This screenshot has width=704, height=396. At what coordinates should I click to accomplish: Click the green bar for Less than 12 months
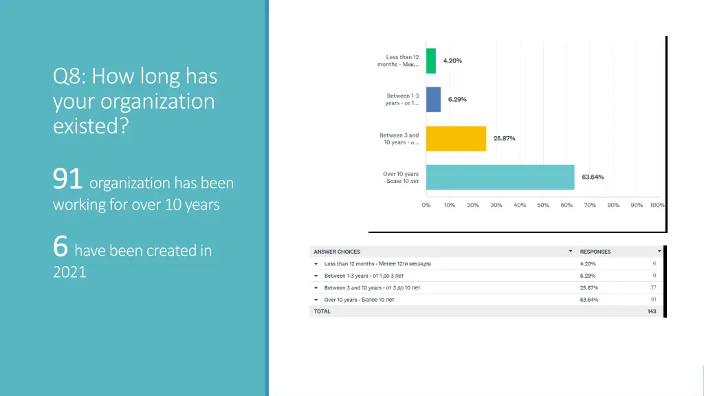click(431, 60)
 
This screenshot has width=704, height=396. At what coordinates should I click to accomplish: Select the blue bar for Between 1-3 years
click(433, 99)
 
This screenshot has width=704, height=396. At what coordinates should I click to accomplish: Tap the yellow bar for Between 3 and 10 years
click(456, 138)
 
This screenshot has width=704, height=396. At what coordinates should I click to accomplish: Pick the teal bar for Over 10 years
click(500, 177)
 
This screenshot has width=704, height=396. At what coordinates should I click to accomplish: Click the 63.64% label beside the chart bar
click(593, 177)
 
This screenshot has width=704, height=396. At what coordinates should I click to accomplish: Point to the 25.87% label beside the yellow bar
click(504, 138)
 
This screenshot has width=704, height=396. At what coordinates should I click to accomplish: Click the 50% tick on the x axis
click(543, 205)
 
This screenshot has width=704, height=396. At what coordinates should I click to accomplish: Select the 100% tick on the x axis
click(657, 205)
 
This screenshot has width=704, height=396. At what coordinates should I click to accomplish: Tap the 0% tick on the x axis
click(426, 205)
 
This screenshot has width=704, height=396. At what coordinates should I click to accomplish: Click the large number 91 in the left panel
click(68, 180)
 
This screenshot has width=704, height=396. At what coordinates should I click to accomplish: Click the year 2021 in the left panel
click(69, 272)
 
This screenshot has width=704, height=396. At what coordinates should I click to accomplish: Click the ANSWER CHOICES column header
click(337, 252)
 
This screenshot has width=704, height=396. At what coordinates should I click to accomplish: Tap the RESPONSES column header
click(595, 252)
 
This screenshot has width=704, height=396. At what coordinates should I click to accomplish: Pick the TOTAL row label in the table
click(322, 311)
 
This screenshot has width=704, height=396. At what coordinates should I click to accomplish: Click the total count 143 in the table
click(651, 311)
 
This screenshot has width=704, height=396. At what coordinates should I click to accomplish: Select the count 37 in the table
click(652, 287)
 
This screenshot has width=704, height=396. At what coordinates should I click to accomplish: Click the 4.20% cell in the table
click(588, 263)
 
